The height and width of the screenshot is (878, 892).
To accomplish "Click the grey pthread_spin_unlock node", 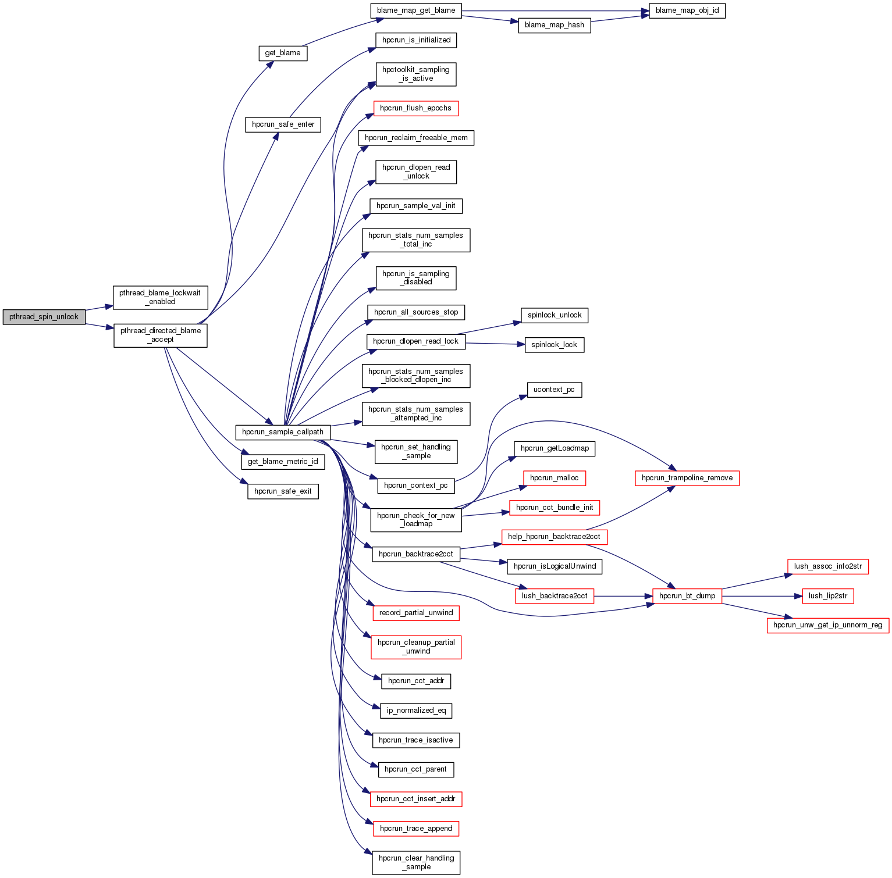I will (x=44, y=317).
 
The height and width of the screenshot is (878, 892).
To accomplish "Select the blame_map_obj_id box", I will (x=687, y=10).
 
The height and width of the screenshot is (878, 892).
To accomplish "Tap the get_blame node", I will (x=283, y=53).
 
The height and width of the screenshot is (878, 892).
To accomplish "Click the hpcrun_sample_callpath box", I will (x=283, y=432).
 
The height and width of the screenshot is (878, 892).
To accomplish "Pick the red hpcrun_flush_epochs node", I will (x=415, y=108).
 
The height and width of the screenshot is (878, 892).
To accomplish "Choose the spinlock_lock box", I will (x=554, y=345).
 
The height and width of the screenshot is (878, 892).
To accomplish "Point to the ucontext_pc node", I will (x=554, y=390).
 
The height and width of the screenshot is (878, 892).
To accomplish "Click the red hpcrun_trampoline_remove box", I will (x=687, y=478).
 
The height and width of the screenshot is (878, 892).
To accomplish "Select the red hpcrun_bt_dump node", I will (x=687, y=596).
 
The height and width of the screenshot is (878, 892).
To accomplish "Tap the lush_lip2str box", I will (x=828, y=596).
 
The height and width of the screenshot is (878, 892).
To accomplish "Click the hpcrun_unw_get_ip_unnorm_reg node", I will (x=828, y=626).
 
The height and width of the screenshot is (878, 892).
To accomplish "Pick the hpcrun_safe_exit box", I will (x=283, y=491).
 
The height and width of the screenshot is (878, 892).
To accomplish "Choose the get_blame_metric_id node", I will (x=283, y=462).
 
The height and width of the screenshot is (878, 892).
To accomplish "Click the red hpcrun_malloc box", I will (x=554, y=478).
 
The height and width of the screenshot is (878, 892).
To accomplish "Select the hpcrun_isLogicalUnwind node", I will (x=555, y=566).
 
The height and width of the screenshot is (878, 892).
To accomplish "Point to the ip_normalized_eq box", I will (x=416, y=711).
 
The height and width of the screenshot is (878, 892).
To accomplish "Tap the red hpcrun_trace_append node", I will (x=416, y=829).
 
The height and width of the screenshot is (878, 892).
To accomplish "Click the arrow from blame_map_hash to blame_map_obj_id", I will (x=620, y=19).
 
